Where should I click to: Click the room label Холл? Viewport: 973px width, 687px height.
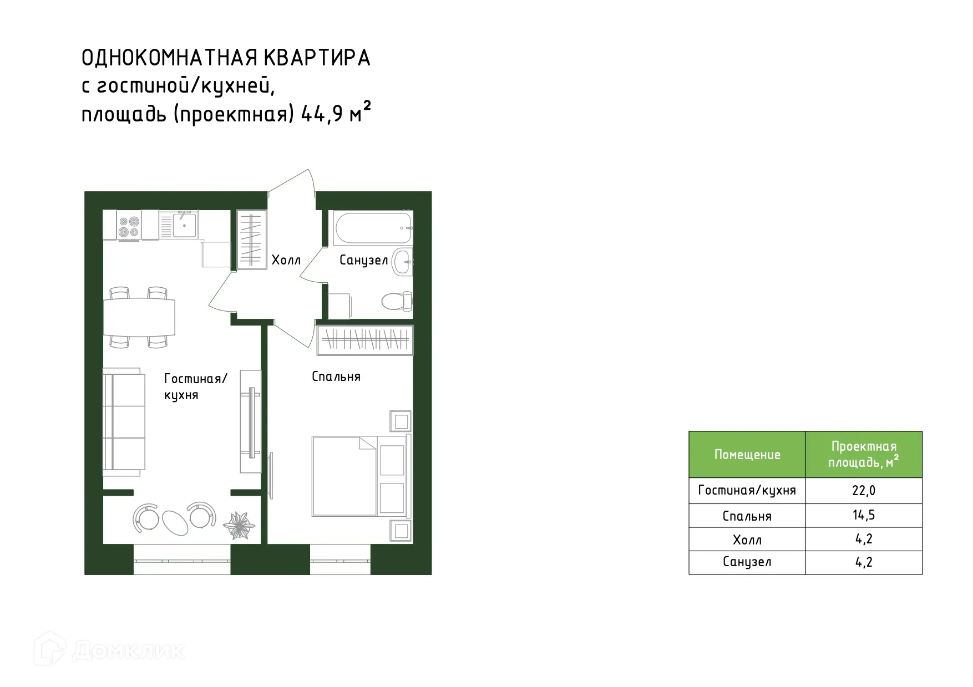(286, 260)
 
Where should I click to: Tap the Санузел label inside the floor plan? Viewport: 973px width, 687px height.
(363, 260)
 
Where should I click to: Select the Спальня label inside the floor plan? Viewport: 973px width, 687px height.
(336, 377)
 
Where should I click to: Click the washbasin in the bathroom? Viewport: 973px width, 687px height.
(402, 262)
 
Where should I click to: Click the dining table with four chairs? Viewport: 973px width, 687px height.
(139, 317)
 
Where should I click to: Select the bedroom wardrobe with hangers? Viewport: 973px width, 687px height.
(365, 339)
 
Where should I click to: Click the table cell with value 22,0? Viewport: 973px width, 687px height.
(863, 491)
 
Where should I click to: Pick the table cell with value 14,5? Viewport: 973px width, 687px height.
(863, 516)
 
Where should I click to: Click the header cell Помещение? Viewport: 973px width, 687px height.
(747, 455)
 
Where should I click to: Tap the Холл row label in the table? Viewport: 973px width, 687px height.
(747, 540)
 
